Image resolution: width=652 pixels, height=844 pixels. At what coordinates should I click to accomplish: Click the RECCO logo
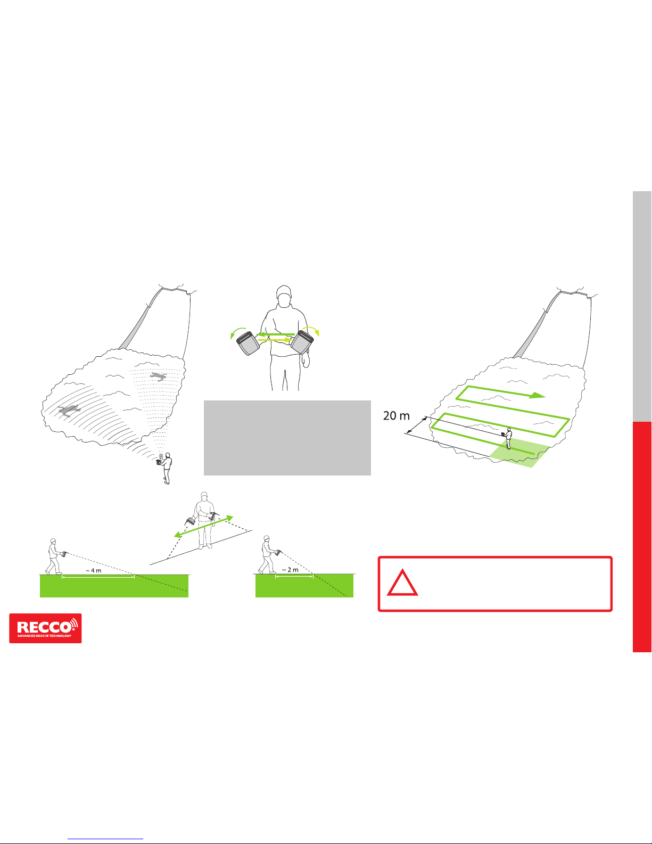pos(45,628)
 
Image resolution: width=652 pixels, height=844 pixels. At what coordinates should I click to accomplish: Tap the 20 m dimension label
pos(397,416)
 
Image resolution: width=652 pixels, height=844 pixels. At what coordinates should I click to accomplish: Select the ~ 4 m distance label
pos(93,570)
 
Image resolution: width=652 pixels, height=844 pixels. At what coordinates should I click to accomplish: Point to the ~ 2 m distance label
pos(290,570)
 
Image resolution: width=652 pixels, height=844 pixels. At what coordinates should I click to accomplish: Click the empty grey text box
pos(287,437)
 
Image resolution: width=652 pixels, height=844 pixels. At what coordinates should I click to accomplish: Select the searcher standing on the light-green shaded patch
pos(509,438)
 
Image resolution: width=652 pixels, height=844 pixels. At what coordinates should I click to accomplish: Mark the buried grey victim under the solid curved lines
pos(69,410)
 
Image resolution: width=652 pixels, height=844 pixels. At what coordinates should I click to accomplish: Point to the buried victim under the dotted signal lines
pos(158,377)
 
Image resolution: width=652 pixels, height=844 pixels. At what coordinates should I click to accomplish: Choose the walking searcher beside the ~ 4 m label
pos(54,556)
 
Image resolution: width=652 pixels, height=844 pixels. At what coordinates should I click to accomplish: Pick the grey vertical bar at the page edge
pos(642,306)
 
